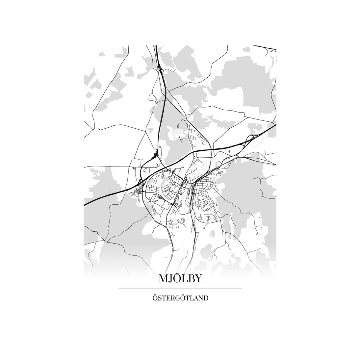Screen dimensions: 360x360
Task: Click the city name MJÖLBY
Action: click(x=180, y=279)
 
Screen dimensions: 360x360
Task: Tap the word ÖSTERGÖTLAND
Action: click(x=180, y=298)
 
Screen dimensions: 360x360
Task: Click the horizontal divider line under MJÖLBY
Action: click(x=180, y=288)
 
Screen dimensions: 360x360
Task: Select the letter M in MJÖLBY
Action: click(x=164, y=279)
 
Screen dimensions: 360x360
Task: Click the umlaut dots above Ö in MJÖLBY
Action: click(x=178, y=274)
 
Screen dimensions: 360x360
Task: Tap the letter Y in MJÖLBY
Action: click(x=198, y=279)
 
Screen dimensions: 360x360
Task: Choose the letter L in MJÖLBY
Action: click(x=185, y=279)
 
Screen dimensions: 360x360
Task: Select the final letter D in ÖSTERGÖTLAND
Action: click(x=206, y=299)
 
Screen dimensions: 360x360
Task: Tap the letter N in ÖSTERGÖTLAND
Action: click(x=200, y=299)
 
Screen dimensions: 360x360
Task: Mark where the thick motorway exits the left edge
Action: click(x=85, y=205)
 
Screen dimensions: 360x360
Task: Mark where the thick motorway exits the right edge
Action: click(x=275, y=125)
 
